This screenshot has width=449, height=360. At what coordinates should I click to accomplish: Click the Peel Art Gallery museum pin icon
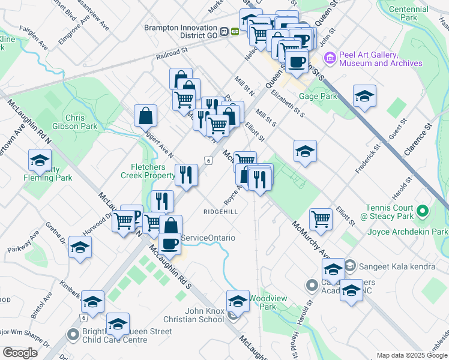(x=330, y=58)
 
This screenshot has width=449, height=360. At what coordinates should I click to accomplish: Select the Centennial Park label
(x=411, y=13)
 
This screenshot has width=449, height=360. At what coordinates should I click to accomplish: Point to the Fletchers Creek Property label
(x=147, y=170)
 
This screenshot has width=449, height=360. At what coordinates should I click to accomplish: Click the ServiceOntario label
(x=208, y=238)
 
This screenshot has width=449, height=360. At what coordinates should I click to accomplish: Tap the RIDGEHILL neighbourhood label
(x=220, y=212)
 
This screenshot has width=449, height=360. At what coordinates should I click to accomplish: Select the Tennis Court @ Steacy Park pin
(x=423, y=211)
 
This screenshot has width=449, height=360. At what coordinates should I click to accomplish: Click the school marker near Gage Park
(x=364, y=97)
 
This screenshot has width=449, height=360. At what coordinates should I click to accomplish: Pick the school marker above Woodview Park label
(x=238, y=301)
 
